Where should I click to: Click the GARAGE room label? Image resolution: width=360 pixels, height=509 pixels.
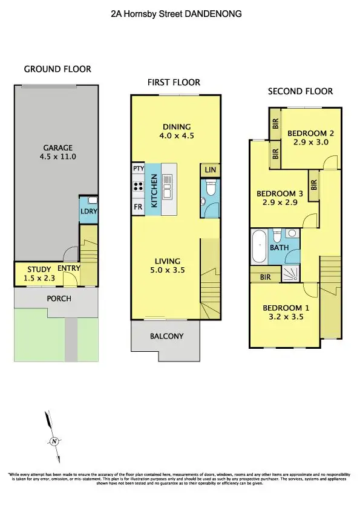tap(57, 148)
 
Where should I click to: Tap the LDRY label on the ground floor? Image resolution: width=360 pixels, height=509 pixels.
tap(89, 212)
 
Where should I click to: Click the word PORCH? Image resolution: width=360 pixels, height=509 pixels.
tap(59, 299)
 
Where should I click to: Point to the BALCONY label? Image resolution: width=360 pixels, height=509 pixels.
tap(166, 336)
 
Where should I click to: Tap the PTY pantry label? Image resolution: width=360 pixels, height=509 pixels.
tap(137, 169)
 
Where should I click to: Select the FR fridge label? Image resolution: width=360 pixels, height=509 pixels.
tap(138, 207)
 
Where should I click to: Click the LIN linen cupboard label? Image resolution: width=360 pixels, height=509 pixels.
tap(210, 170)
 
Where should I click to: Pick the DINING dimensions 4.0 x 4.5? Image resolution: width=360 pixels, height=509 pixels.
tap(177, 136)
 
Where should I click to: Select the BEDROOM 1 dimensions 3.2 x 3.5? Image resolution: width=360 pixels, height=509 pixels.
tap(286, 317)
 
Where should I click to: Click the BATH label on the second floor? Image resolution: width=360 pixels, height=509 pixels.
tap(279, 248)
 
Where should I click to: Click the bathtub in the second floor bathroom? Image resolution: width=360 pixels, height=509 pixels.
tap(258, 247)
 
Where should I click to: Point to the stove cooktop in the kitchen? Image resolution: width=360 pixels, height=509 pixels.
tap(137, 187)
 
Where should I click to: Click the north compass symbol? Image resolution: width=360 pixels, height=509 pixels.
tap(54, 441)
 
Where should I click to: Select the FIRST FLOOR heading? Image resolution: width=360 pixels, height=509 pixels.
tap(174, 82)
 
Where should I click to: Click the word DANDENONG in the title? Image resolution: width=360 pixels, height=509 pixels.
tap(212, 13)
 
